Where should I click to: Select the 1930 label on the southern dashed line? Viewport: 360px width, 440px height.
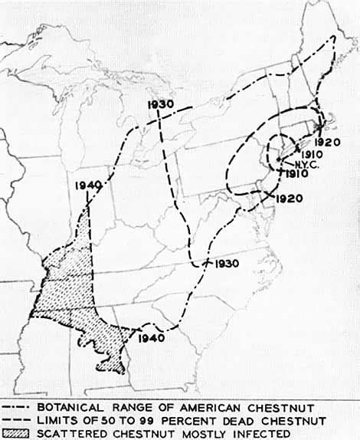(x=227, y=264)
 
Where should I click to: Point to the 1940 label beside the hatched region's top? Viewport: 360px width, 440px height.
(x=90, y=184)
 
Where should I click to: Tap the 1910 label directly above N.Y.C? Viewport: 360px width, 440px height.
(x=301, y=154)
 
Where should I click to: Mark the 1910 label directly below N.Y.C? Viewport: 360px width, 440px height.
(x=288, y=176)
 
